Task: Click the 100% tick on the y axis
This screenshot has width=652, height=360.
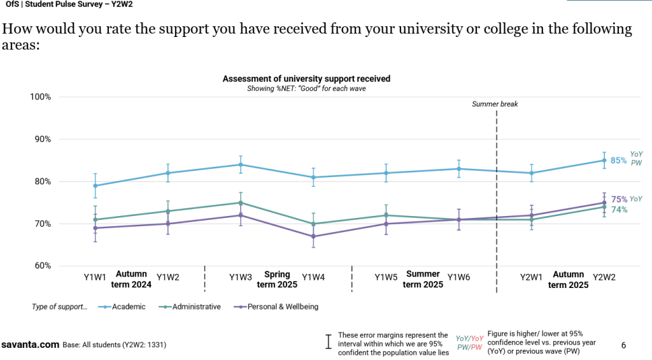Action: point(40,97)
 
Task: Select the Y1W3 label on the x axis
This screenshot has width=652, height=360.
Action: point(241,277)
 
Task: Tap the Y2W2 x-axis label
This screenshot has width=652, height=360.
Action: point(604,277)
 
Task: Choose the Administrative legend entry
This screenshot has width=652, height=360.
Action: point(195,306)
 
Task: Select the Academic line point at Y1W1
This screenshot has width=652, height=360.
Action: point(96,186)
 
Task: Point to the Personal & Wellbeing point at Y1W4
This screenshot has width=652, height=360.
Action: point(313,236)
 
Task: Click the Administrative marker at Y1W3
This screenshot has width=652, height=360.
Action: point(241,203)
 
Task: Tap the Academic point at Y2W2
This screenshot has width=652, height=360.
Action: point(604,161)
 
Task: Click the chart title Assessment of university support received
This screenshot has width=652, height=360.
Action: point(306,79)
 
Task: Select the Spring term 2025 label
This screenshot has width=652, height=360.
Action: point(277,280)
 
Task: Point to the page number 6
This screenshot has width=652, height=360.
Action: point(623,345)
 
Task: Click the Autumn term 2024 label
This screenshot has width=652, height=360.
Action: point(132,280)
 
